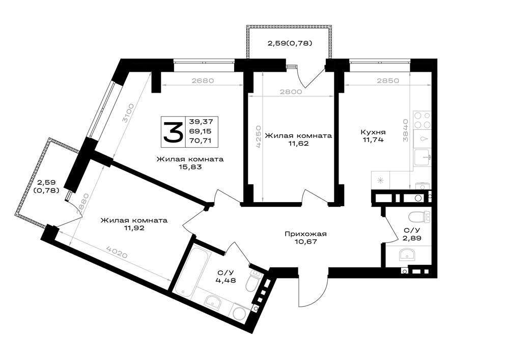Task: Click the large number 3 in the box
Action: coord(174,131)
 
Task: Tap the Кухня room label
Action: coord(373,132)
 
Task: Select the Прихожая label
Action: coord(305,234)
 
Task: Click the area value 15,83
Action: coord(190,167)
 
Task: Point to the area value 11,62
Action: coord(298,143)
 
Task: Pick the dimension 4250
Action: coord(259,137)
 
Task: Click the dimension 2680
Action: coord(203,80)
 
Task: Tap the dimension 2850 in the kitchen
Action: coord(388,81)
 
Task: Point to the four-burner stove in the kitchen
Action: coord(422,121)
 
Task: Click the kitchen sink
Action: coord(422,158)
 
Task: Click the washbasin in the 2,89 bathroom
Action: coord(406,254)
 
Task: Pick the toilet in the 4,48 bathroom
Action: coord(252,281)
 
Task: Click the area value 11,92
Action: coord(134,228)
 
